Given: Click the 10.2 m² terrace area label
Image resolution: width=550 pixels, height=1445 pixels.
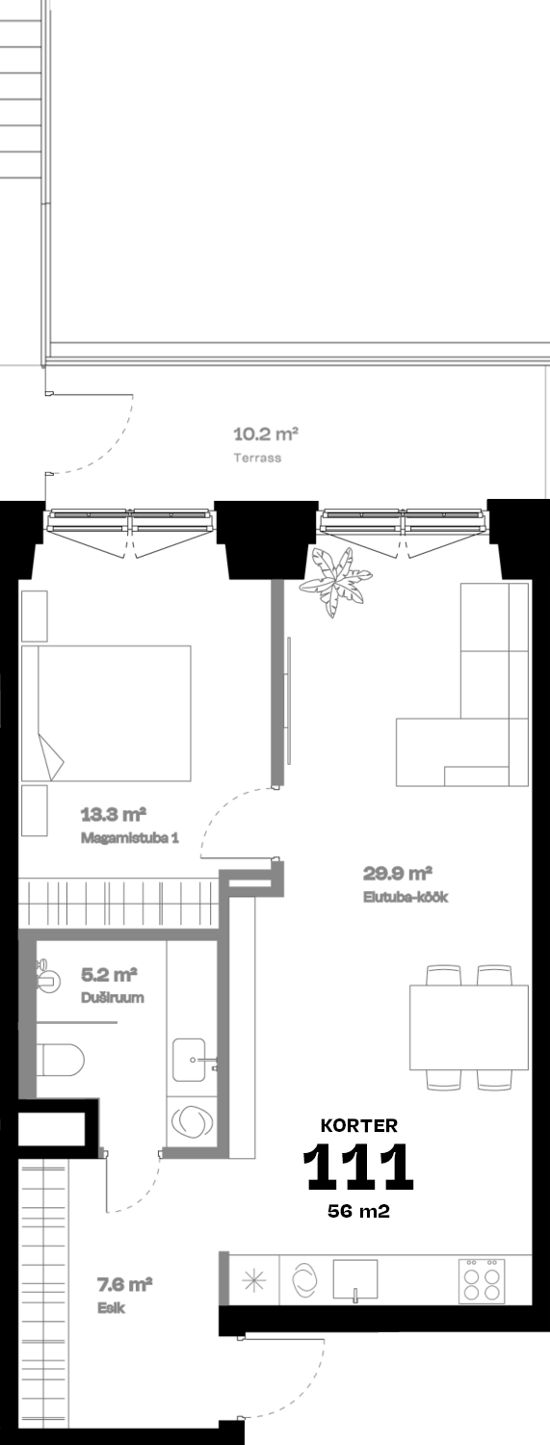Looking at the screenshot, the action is coord(265,434).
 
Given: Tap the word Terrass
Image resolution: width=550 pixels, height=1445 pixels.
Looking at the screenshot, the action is coord(257,458).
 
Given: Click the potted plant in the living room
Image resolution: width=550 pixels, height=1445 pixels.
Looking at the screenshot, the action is coord(335,581).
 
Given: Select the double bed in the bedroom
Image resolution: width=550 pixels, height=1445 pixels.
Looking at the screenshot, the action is coord(106,713).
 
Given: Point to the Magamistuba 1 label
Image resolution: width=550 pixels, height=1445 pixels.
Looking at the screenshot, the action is coord(130,838).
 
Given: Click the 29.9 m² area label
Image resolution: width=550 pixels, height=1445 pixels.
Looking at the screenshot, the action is coord(397,874).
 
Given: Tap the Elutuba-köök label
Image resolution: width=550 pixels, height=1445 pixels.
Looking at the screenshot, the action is coord(406,897).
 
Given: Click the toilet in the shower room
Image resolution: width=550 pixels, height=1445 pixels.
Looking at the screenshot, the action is coord(61,1060).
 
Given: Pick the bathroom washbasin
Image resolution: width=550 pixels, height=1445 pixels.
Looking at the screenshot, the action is coord(190,1060).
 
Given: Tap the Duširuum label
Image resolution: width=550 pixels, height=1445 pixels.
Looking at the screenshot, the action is coord(112,997).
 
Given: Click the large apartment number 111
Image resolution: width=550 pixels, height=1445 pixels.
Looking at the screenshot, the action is coord(358,1167).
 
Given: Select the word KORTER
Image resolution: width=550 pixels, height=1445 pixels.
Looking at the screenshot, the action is coord(359,1126).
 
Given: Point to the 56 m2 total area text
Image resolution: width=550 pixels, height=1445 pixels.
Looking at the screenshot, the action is coord(358,1211).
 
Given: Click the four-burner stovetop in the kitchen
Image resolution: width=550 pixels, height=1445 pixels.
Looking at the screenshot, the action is coord(482,1280).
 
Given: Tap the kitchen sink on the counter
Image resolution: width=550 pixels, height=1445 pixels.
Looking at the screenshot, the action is coord(355,1280).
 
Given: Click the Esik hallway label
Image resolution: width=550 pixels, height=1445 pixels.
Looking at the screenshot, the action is coord(111,1308).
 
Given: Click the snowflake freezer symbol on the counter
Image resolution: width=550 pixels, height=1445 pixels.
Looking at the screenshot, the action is coord(254,1280).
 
